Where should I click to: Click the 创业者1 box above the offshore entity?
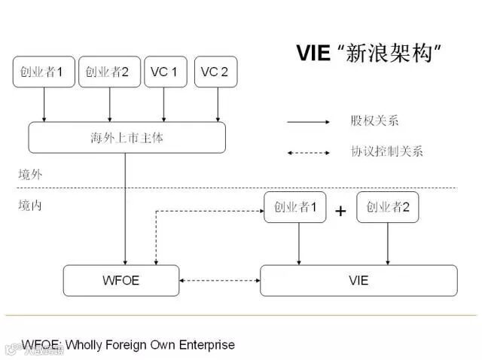tap(43, 72)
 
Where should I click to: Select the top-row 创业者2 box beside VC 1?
tap(109, 72)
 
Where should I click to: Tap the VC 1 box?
tap(165, 72)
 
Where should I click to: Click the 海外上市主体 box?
tap(127, 137)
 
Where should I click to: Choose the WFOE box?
tap(121, 280)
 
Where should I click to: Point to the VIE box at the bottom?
tap(358, 280)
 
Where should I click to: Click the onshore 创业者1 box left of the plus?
tap(295, 207)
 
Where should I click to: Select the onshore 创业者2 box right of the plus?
tap(388, 207)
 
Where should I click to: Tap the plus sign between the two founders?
tap(340, 211)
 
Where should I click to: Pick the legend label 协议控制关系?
tap(386, 151)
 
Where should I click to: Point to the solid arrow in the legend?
tap(308, 121)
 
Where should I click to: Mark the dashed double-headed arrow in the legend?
tap(308, 152)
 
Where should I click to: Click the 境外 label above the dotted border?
tap(31, 175)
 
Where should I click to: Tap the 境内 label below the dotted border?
tap(31, 204)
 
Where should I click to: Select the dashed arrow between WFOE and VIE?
tap(220, 280)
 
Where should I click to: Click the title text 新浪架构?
tap(391, 53)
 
